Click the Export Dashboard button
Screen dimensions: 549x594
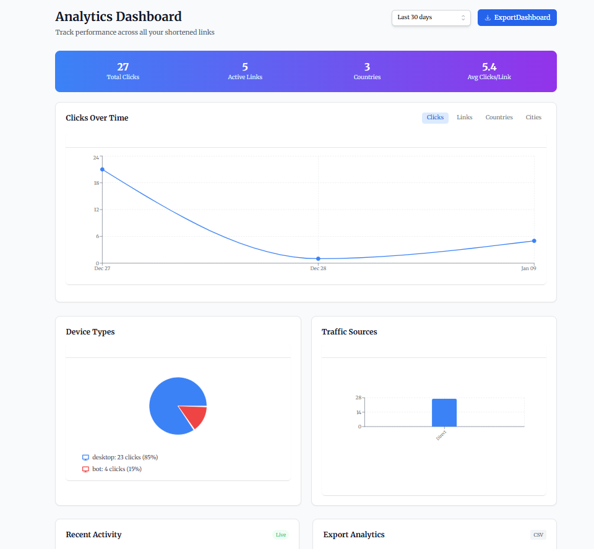point(517,18)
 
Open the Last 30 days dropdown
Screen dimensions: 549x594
point(431,18)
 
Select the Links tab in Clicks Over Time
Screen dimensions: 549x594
point(464,117)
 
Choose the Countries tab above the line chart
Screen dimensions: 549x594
point(499,117)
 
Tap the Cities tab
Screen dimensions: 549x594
point(533,117)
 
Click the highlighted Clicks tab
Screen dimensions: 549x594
point(435,117)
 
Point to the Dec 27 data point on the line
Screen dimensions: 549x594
point(103,169)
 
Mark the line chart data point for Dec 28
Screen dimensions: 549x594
point(318,258)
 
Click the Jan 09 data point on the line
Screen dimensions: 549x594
point(534,241)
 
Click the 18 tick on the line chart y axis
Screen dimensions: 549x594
point(96,183)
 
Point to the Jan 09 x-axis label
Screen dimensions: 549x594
point(528,268)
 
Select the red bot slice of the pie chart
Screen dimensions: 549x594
point(196,416)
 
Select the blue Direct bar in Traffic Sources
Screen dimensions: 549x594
point(444,412)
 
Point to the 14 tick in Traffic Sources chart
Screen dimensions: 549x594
point(358,412)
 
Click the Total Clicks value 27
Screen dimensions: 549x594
point(123,67)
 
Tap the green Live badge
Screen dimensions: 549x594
point(281,535)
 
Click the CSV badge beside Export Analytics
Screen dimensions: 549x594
point(538,535)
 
